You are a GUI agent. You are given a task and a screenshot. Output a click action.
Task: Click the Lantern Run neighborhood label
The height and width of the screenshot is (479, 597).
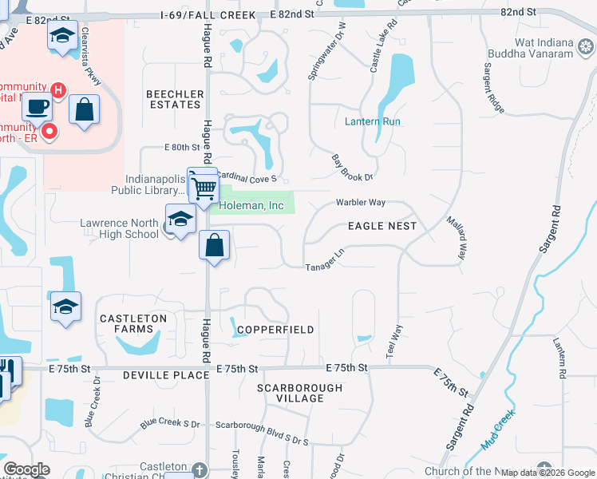pos(372,121)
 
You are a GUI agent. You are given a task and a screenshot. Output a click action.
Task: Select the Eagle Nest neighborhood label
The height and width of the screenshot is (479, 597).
pos(382,226)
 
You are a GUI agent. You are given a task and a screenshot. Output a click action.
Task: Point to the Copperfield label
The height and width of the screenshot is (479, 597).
pos(275,329)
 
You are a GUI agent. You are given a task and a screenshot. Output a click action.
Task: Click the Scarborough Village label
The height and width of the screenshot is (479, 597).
pos(299,394)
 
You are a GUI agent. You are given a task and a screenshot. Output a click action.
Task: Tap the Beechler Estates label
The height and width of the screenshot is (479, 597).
pos(173,99)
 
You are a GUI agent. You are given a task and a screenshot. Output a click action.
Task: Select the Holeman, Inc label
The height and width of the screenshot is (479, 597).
pos(252,206)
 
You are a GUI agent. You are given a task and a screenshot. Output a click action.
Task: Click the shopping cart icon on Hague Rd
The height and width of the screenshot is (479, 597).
pos(204,188)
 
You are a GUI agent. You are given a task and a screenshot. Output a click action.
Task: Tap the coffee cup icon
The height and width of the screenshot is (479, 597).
pos(36,106)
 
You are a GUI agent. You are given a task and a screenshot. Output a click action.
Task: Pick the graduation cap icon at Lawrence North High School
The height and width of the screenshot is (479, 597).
pos(181,219)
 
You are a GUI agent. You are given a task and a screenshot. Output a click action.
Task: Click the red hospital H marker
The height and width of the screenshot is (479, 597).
pos(57,89)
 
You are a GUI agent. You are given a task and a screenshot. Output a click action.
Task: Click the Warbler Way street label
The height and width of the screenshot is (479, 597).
pos(360,203)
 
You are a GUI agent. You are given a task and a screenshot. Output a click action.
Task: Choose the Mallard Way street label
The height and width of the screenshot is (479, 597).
pos(456,237)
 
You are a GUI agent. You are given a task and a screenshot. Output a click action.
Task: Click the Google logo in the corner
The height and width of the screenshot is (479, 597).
pos(26,469)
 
